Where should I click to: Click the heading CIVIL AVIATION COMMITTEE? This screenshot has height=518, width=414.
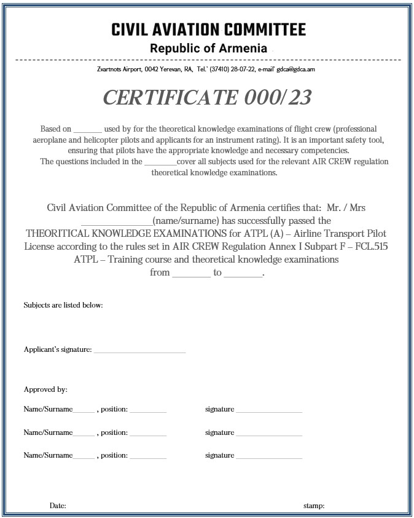[208, 30]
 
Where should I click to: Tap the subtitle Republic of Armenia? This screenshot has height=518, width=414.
[208, 49]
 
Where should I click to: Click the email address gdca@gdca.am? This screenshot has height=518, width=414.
[295, 70]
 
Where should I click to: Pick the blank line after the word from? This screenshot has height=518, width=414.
[191, 273]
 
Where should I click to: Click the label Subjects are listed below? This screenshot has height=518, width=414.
[63, 305]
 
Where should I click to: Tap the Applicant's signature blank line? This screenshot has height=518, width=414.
[139, 351]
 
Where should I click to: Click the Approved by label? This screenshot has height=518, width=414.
[45, 389]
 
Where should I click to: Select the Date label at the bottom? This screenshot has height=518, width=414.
[58, 506]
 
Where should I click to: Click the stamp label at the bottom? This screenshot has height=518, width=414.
[314, 506]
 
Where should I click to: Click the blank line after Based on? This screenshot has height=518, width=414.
[87, 130]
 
